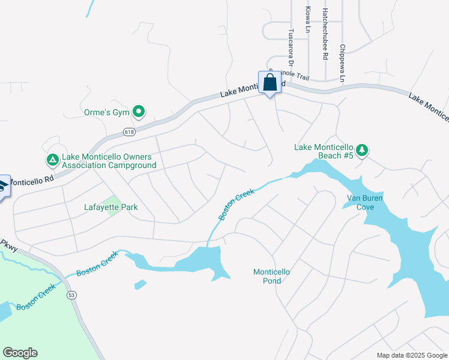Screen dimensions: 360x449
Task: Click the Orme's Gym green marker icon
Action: pos(139,111)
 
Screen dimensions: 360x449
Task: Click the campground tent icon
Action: pos(52,160)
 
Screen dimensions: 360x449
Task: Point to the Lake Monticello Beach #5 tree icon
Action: pos(361,151)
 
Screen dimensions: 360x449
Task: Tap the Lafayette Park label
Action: pos(111,208)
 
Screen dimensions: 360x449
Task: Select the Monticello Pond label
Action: pos(271,276)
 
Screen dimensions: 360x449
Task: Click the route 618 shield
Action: pos(129,131)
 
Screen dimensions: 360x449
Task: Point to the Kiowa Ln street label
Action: pos(308,19)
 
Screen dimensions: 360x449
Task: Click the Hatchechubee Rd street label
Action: pos(325,34)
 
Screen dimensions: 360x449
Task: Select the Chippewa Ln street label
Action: pos(342,63)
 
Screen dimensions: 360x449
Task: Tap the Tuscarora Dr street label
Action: pos(291,47)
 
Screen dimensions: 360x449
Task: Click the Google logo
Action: pos(20,353)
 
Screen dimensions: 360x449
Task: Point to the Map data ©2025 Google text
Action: pos(412,355)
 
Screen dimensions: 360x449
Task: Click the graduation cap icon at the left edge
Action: pos(3,187)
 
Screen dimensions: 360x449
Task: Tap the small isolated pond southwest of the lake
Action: pos(140,284)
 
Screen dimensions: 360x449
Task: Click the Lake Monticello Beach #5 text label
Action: pos(323,151)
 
